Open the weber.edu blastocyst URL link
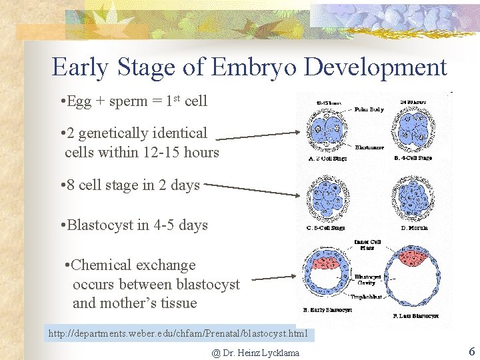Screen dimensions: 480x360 [x=178, y=333]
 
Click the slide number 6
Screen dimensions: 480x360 [x=471, y=351]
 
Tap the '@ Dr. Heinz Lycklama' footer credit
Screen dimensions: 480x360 [x=255, y=353]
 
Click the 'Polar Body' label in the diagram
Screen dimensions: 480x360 [x=369, y=109]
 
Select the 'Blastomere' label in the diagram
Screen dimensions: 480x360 [x=369, y=147]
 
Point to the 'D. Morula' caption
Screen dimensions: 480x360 [x=415, y=228]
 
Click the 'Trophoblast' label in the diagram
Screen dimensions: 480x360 [x=368, y=297]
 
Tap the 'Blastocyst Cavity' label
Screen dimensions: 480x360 [x=368, y=279]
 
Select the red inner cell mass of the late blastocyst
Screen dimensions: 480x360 [x=415, y=257]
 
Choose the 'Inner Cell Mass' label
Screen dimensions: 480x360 [x=367, y=245]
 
